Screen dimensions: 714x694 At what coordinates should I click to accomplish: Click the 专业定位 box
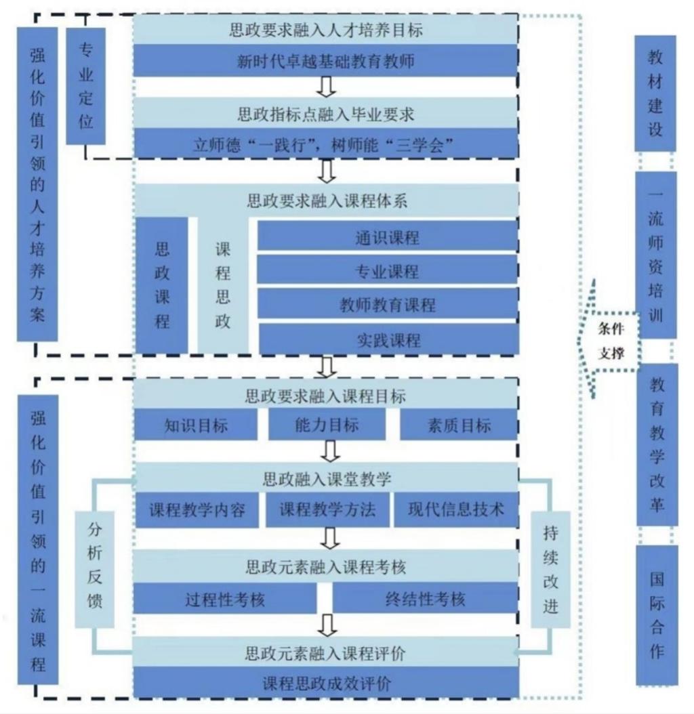85,86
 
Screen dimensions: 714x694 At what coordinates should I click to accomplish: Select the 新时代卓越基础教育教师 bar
325,61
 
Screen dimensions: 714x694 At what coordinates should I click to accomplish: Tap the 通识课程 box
387,238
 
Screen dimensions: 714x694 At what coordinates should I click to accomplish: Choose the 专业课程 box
387,271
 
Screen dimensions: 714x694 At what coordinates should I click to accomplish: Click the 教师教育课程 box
387,305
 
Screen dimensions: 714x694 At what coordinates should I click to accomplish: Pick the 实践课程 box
387,339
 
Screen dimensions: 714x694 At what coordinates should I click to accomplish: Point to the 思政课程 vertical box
162,285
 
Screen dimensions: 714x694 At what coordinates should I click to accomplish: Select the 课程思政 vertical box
223,285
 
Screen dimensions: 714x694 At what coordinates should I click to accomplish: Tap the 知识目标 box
196,425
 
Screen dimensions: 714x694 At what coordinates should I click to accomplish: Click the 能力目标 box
327,425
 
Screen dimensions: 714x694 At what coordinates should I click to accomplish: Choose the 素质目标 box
459,425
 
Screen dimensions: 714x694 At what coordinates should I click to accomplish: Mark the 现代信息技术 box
455,510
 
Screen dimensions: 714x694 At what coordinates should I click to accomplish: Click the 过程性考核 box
224,599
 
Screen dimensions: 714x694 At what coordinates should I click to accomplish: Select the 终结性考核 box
425,599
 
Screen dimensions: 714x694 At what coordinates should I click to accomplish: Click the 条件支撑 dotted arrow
609,341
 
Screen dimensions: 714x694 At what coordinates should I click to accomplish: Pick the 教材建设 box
655,93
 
